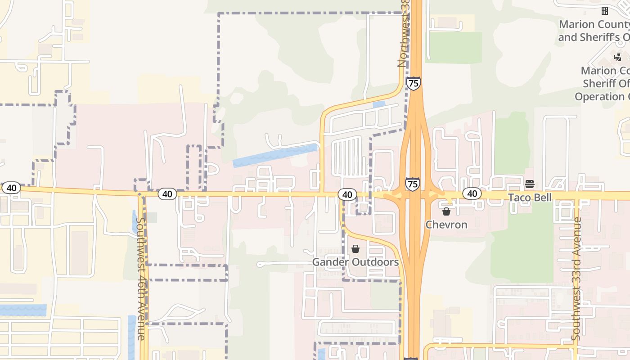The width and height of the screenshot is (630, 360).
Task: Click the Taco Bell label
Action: click(530, 198)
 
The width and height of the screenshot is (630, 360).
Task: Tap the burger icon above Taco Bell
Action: click(530, 184)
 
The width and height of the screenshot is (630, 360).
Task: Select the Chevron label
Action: click(446, 225)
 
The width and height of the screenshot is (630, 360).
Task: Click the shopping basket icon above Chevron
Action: click(446, 211)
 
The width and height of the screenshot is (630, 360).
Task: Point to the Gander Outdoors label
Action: click(355, 262)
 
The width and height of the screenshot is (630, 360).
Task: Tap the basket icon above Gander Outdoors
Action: click(355, 249)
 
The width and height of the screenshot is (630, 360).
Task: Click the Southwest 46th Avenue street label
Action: click(141, 279)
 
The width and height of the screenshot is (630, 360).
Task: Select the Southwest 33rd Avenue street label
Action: click(576, 279)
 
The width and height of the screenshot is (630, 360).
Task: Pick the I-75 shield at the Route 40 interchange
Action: click(413, 184)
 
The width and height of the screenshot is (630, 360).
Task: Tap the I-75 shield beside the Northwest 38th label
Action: click(413, 83)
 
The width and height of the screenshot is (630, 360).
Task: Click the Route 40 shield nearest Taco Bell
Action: click(472, 193)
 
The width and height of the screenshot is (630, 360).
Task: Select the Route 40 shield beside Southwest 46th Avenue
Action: click(167, 194)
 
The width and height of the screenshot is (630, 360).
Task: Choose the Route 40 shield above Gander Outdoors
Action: click(346, 194)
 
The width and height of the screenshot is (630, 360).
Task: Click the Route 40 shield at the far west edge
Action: click(11, 188)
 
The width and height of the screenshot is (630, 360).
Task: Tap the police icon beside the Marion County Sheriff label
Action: click(617, 57)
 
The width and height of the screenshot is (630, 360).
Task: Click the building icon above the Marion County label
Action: click(605, 10)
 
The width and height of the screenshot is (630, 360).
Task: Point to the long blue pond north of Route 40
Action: click(274, 156)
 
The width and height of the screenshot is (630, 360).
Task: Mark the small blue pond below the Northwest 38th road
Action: click(379, 104)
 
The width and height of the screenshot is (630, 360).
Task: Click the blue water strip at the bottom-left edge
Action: click(22, 310)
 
